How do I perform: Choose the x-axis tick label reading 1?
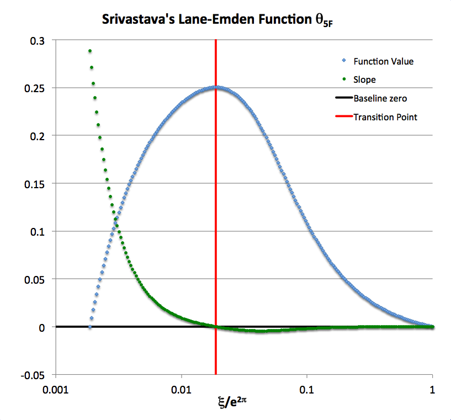(x=432, y=389)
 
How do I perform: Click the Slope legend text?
(x=364, y=80)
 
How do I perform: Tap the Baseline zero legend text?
(x=380, y=99)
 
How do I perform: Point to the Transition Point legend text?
(x=385, y=117)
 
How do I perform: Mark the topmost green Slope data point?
(x=90, y=51)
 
